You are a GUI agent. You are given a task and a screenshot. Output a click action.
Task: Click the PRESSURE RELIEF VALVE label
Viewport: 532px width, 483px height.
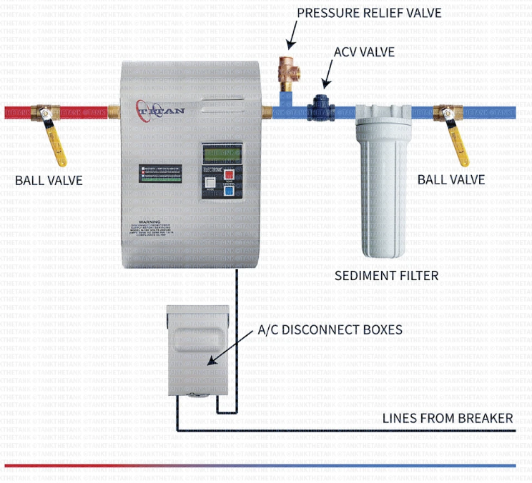[x=369, y=13]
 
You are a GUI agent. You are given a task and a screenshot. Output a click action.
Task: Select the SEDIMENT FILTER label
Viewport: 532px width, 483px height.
[x=387, y=275]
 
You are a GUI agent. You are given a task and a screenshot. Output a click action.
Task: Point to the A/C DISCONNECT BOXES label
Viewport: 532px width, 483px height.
[x=330, y=330]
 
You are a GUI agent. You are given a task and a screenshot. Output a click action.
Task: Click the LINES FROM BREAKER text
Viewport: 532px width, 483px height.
[x=448, y=418]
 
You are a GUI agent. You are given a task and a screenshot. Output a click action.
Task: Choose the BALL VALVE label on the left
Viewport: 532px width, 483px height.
[x=49, y=180]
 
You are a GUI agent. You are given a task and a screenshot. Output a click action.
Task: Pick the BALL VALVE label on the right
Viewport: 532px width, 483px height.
[x=451, y=179]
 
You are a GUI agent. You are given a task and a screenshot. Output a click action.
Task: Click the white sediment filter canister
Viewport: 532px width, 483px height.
[x=383, y=193]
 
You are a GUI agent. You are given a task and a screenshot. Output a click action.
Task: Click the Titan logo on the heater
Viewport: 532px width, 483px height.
[x=157, y=111]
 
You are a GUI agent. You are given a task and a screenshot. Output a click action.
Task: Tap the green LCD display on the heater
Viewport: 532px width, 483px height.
[x=222, y=153]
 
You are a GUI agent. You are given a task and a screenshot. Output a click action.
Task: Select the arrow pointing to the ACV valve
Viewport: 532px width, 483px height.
[x=328, y=73]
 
